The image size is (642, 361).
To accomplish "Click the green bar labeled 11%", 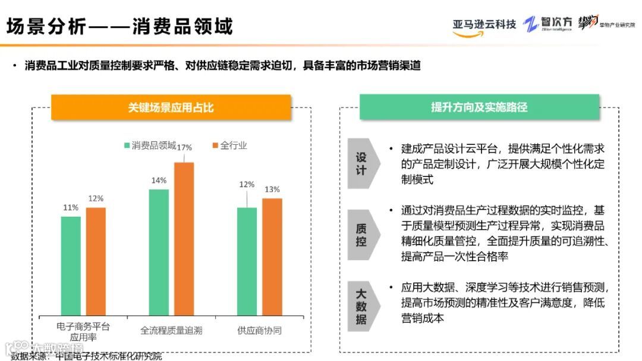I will pos(71,265).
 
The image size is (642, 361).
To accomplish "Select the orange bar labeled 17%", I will pos(184,238).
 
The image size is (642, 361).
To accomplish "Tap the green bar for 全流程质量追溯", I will pos(159,252).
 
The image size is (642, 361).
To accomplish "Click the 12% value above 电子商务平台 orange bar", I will pos(96,198).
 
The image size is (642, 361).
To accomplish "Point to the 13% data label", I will pos(272,189).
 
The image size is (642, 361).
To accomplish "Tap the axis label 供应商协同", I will pos(259,330).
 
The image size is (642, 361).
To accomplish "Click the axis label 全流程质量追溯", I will pos(171,330).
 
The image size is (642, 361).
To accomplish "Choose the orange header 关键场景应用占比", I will pos(171,107).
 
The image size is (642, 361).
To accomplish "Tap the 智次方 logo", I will pos(548,24).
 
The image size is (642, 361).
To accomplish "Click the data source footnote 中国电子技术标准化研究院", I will pos(109,356).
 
